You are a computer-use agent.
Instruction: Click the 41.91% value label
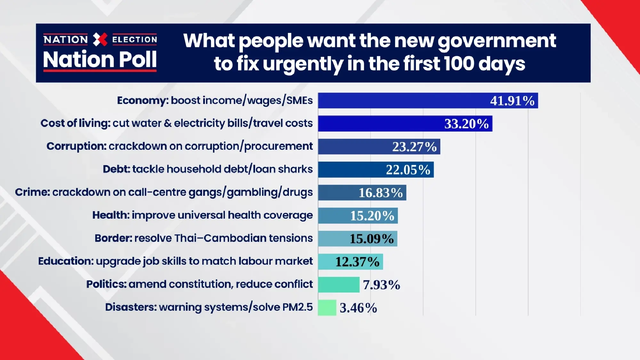pyautogui.click(x=512, y=101)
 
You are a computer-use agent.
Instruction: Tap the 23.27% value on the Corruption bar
pyautogui.click(x=414, y=147)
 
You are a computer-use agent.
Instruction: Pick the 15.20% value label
pyautogui.click(x=372, y=216)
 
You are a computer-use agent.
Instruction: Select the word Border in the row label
pyautogui.click(x=113, y=238)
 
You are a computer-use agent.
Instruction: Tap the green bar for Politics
pyautogui.click(x=339, y=285)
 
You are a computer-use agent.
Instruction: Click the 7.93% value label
pyautogui.click(x=381, y=285)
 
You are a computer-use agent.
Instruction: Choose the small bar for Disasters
pyautogui.click(x=327, y=308)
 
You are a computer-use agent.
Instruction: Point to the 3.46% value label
pyautogui.click(x=358, y=308)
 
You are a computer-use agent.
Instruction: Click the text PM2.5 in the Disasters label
pyautogui.click(x=297, y=307)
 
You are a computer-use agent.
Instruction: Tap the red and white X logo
pyautogui.click(x=100, y=39)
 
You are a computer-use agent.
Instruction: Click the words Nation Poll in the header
pyautogui.click(x=100, y=60)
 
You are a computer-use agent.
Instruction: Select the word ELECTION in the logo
pyautogui.click(x=134, y=40)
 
